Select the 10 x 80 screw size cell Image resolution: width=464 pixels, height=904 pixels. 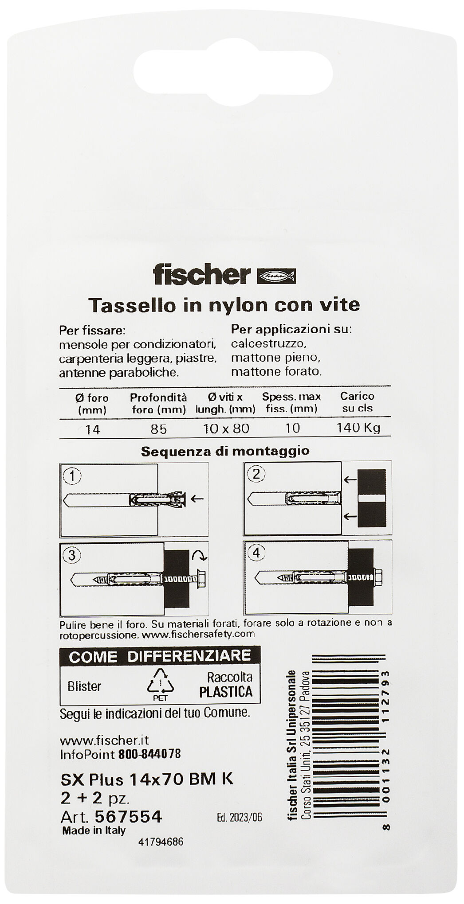pyautogui.click(x=226, y=428)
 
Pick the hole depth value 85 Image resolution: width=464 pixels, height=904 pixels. pyautogui.click(x=158, y=429)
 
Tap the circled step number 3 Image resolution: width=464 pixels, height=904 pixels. pyautogui.click(x=72, y=555)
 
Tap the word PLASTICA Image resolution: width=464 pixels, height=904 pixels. pyautogui.click(x=225, y=692)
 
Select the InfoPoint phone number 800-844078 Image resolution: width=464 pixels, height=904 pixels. pyautogui.click(x=149, y=754)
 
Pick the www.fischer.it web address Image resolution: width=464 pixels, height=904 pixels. pyautogui.click(x=104, y=740)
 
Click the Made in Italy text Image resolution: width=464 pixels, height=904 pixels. pyautogui.click(x=94, y=818)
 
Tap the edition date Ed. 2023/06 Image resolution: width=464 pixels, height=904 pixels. pyautogui.click(x=240, y=805)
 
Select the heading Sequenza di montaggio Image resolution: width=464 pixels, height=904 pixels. pyautogui.click(x=225, y=451)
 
